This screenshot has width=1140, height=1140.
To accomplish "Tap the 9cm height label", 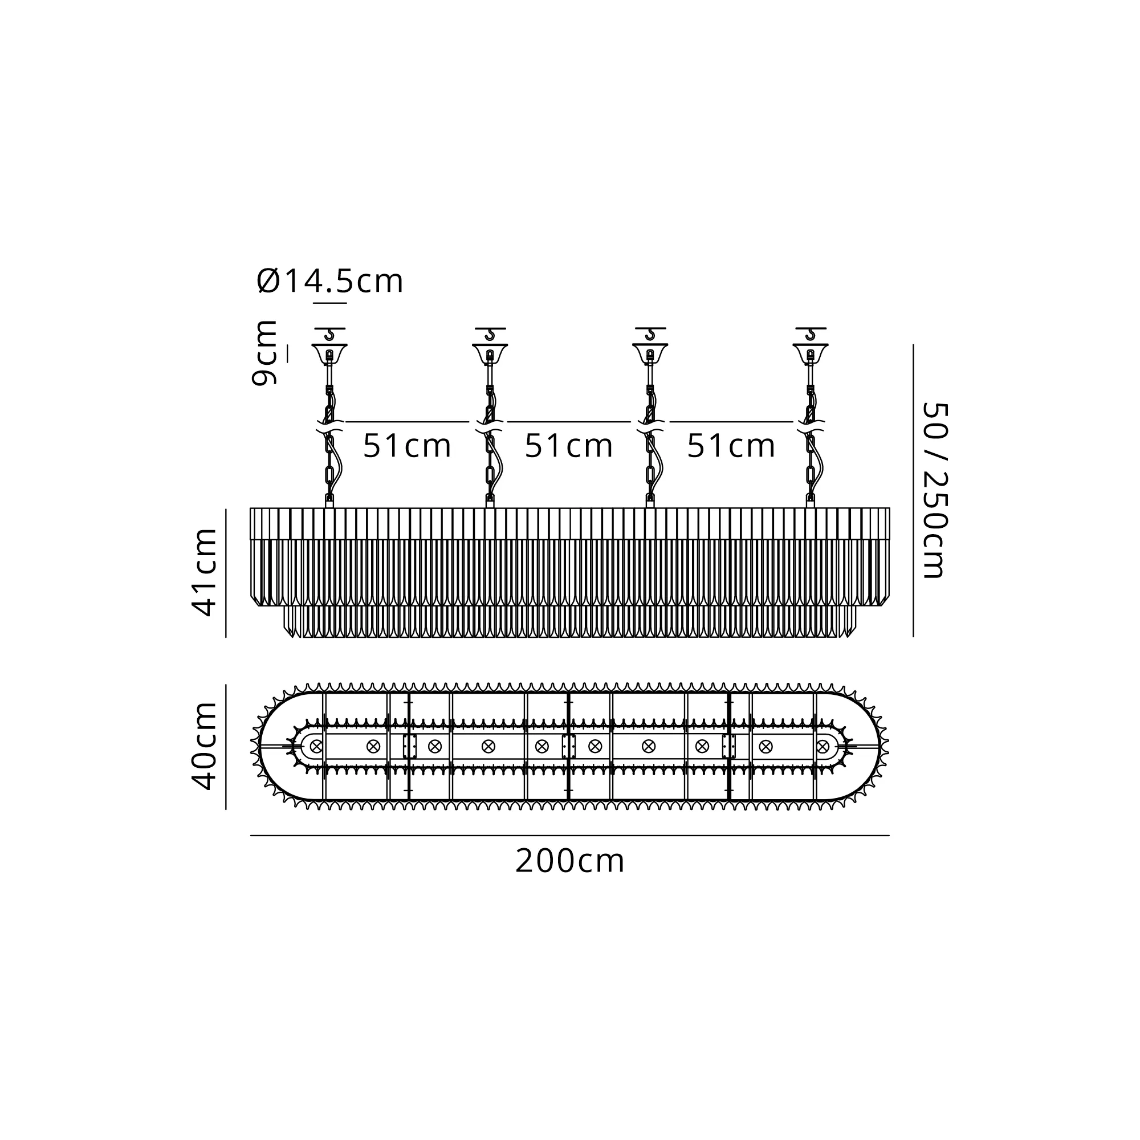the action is (264, 353).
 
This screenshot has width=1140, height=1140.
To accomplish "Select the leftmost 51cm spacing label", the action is (406, 446).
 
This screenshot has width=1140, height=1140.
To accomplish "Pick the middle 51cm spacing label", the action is (569, 446).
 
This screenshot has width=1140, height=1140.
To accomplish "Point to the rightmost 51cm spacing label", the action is (731, 446).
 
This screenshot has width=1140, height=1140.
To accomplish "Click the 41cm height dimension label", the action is (205, 572).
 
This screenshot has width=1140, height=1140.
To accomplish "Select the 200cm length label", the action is (569, 861).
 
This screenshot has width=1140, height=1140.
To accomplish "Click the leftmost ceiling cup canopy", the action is (329, 353).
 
